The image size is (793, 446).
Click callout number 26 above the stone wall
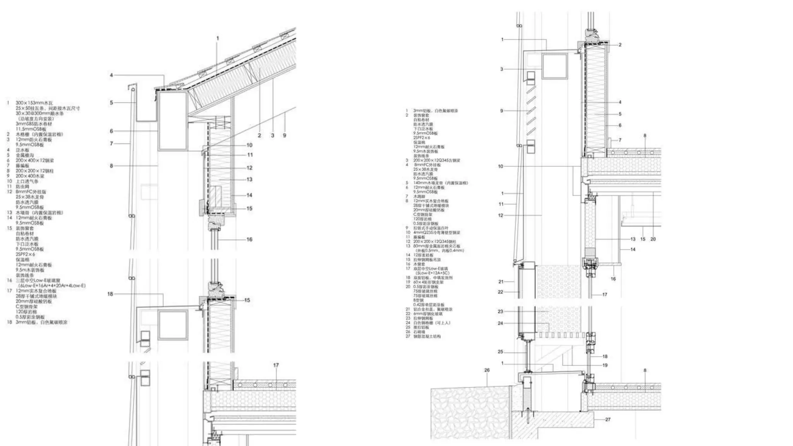(x=487, y=370)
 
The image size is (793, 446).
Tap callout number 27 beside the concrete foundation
(x=608, y=419)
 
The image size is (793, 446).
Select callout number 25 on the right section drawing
(x=500, y=352)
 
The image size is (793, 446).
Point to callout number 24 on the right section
(x=500, y=323)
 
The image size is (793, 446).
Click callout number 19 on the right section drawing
(x=605, y=365)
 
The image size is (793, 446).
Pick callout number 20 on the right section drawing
(x=653, y=239)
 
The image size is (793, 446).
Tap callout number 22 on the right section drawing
(x=500, y=292)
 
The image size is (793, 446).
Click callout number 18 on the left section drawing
(x=110, y=294)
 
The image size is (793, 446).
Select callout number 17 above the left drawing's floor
(x=276, y=365)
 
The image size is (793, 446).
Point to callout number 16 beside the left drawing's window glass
(x=249, y=239)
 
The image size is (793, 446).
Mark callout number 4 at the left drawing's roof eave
(x=111, y=75)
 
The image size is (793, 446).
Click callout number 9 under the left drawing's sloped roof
(x=285, y=136)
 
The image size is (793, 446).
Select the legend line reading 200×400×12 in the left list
(x=35, y=160)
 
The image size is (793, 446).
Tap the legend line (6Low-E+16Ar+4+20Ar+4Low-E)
(x=52, y=286)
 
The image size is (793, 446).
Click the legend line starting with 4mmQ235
(x=437, y=233)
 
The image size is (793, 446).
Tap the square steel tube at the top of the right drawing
(x=554, y=66)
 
